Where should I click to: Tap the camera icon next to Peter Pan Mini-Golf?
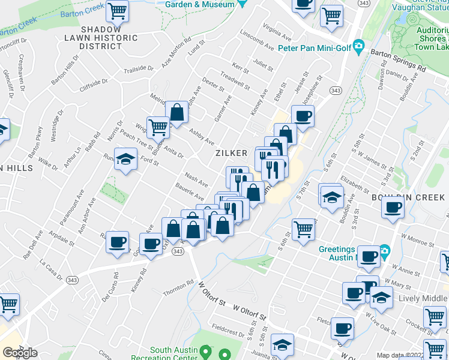(359, 46)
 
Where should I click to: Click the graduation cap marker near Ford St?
(125, 160)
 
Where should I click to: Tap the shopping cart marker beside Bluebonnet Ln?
(158, 127)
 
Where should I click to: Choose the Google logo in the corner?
(20, 353)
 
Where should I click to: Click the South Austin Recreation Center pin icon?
(205, 350)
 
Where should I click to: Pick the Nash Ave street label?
(196, 178)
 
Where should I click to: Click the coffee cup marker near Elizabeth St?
(393, 208)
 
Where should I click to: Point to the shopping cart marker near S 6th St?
(304, 229)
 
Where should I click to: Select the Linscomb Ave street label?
(256, 38)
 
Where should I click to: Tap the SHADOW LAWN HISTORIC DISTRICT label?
(101, 37)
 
